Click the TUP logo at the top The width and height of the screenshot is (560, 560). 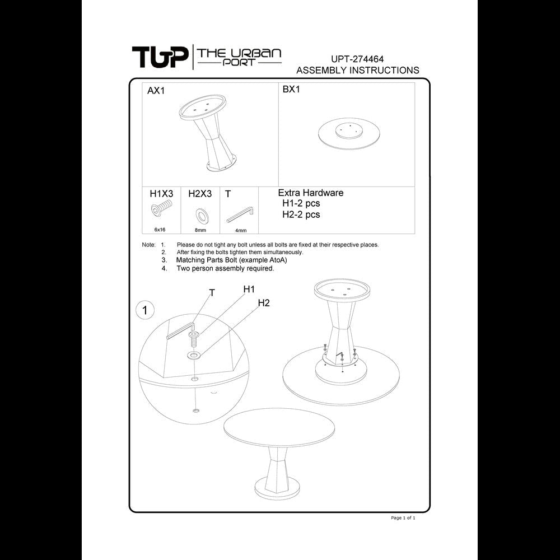click(x=160, y=57)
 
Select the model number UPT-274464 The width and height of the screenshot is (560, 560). click(x=357, y=59)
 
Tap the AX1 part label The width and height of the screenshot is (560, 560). click(x=156, y=91)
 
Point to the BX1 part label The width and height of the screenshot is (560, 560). click(x=291, y=89)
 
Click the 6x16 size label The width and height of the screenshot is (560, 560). click(x=160, y=230)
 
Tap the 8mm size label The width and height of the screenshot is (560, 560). click(x=200, y=230)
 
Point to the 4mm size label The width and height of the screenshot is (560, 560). click(x=241, y=230)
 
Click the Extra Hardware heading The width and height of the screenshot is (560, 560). click(x=311, y=193)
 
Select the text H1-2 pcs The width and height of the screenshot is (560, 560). click(x=301, y=203)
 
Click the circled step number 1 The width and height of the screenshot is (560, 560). click(x=145, y=310)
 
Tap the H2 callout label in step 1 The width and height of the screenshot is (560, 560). click(x=264, y=303)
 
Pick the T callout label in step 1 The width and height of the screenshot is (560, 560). click(x=212, y=293)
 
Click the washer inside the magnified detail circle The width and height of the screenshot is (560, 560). click(x=194, y=355)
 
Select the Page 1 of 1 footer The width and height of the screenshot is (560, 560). click(x=403, y=517)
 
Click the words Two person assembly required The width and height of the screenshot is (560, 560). click(x=225, y=268)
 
